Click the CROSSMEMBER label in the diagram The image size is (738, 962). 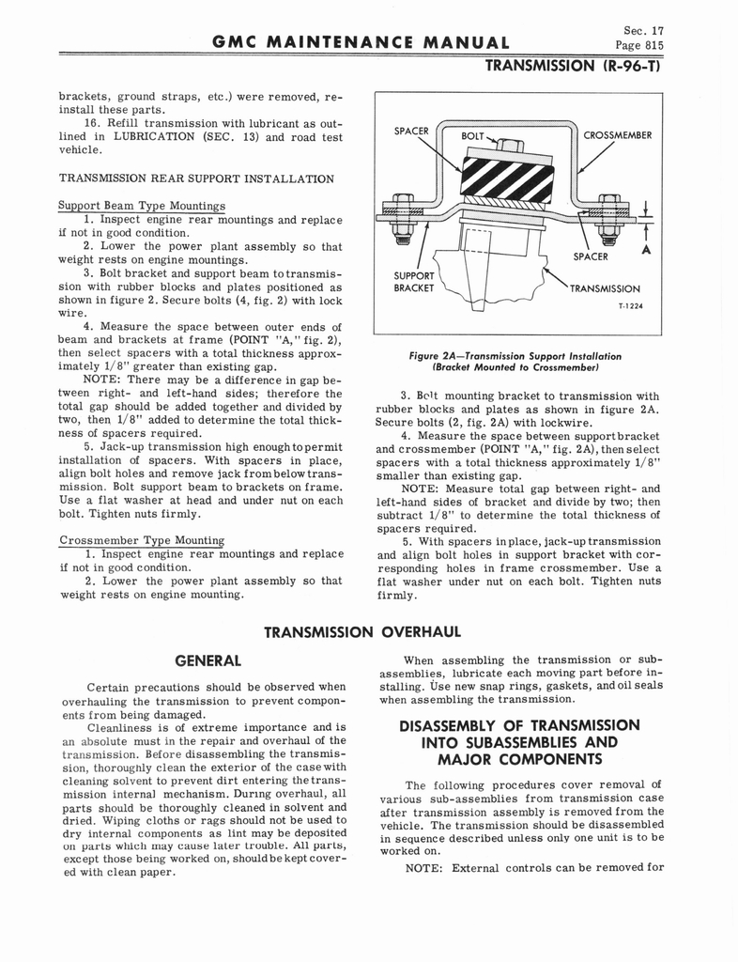[x=617, y=135]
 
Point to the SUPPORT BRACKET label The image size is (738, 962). [x=414, y=282]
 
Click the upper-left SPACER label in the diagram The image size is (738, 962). [x=411, y=131]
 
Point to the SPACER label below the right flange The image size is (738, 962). [x=592, y=256]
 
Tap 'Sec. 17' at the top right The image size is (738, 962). [x=645, y=29]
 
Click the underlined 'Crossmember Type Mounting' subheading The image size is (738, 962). [x=142, y=540]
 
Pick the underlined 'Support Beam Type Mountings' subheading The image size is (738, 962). [x=142, y=206]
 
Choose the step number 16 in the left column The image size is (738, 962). [x=92, y=123]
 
